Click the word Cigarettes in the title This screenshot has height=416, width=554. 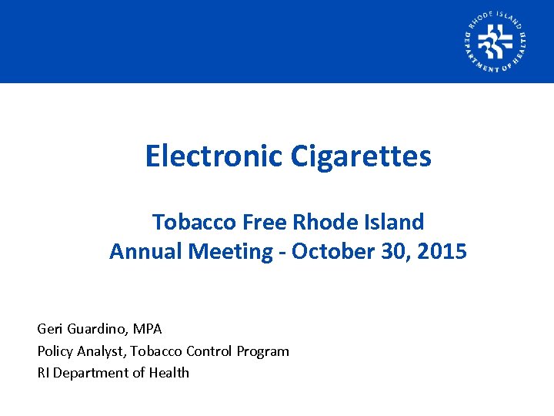pos(361,156)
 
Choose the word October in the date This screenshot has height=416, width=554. pos(324,251)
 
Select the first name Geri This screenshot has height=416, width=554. pos(49,329)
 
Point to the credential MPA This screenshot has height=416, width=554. pos(147,329)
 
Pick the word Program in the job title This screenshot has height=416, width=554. pos(263,351)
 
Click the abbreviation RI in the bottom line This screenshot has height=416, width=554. pos(43,373)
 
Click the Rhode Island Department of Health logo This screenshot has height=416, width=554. pos(496,42)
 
